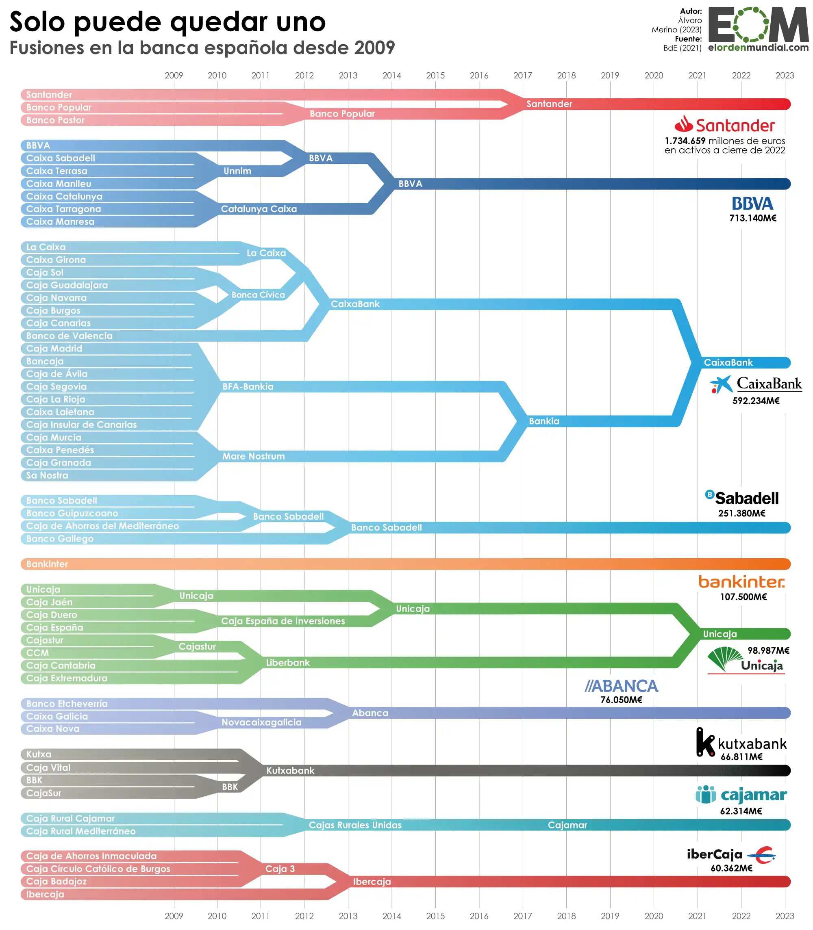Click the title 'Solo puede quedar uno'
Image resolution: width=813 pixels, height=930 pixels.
[x=167, y=22]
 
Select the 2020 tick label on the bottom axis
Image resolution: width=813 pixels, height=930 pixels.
[x=653, y=915]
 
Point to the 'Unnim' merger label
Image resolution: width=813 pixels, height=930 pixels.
[x=237, y=171]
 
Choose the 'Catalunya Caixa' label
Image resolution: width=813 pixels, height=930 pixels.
[x=259, y=209]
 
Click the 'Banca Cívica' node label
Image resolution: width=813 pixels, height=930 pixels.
[x=258, y=295]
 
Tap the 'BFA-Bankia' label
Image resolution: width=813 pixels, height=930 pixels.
[x=248, y=387]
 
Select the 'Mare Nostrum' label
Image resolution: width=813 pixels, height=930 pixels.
[x=253, y=456]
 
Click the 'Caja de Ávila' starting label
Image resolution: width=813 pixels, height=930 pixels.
[x=57, y=374]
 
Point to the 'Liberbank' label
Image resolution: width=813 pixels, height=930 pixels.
[x=288, y=663]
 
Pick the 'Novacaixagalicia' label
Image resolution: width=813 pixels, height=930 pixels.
[x=261, y=722]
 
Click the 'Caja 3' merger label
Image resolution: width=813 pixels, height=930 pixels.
[x=280, y=869]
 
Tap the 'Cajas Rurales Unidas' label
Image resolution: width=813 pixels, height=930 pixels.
[x=355, y=825]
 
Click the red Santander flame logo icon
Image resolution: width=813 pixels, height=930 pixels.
[x=683, y=124]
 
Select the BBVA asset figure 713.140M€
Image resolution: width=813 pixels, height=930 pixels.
[x=753, y=218]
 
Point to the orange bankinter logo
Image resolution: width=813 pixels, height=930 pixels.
[x=741, y=582]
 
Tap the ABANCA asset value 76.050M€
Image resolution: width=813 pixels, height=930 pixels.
[x=621, y=700]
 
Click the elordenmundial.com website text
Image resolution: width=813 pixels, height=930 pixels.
[x=758, y=48]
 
